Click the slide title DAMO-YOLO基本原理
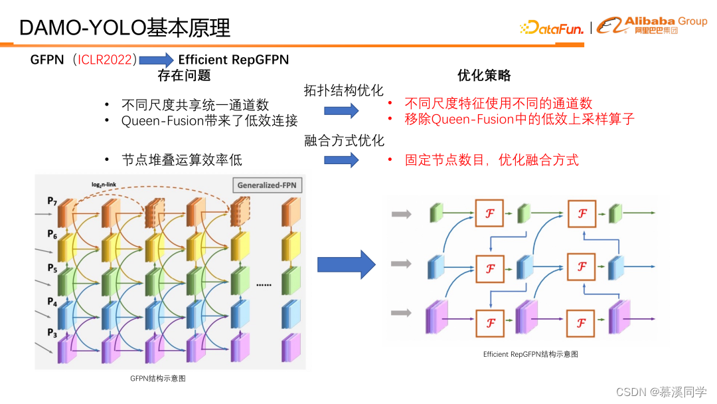pos(125,28)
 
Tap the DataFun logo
pos(552,28)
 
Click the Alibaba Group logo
pos(652,25)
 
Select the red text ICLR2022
pos(107,60)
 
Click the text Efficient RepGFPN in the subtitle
pos(234,60)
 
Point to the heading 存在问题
pos(184,75)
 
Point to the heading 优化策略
pos(485,75)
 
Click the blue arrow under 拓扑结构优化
pos(341,111)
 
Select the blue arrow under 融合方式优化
pos(341,160)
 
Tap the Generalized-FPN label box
pos(267,186)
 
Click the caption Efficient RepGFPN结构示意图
pos(530,354)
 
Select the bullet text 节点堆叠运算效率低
pos(182,160)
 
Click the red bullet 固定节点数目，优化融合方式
pos(492,160)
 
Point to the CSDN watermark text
pos(661,391)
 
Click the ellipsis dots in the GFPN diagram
pos(264,284)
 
